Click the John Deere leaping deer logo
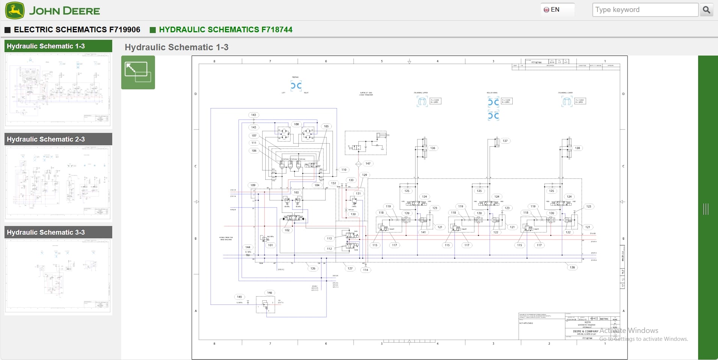click(15, 11)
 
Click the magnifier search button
click(706, 10)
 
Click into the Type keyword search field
click(645, 10)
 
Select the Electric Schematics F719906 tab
click(77, 30)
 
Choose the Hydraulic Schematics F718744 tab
click(225, 30)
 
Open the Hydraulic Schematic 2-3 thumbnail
click(58, 182)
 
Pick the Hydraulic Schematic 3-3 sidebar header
click(58, 232)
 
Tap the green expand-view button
click(138, 72)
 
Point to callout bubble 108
click(297, 124)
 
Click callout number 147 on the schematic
click(368, 164)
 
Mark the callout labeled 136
click(433, 148)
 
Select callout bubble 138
click(577, 148)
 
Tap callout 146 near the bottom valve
click(269, 293)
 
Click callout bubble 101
click(270, 245)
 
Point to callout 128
click(572, 268)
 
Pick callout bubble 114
click(366, 270)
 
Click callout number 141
click(423, 232)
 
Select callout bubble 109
click(253, 185)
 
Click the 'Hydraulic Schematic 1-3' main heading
click(176, 47)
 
